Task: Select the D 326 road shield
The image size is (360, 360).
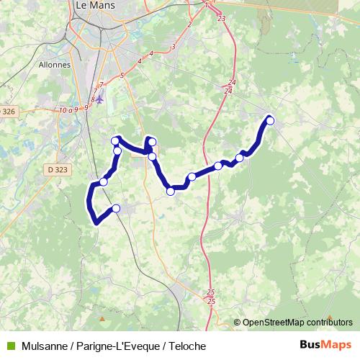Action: [x=8, y=111]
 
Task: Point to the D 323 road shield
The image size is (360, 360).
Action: [x=54, y=169]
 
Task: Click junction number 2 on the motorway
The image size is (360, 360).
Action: [x=189, y=24]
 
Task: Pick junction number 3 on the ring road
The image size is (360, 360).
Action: [x=174, y=47]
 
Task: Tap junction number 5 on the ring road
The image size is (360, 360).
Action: [x=123, y=75]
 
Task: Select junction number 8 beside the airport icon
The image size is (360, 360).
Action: [x=93, y=98]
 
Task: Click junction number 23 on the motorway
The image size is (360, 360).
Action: [x=220, y=18]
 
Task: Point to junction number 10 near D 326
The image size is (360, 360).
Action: [x=63, y=109]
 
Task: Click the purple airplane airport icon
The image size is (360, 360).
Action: [x=99, y=98]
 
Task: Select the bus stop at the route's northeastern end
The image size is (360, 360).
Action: [x=271, y=120]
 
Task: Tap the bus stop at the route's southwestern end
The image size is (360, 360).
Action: [x=116, y=209]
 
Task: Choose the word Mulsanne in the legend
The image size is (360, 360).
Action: [x=45, y=346]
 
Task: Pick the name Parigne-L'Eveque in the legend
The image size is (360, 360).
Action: [x=113, y=346]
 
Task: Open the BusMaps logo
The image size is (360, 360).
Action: [x=325, y=346]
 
